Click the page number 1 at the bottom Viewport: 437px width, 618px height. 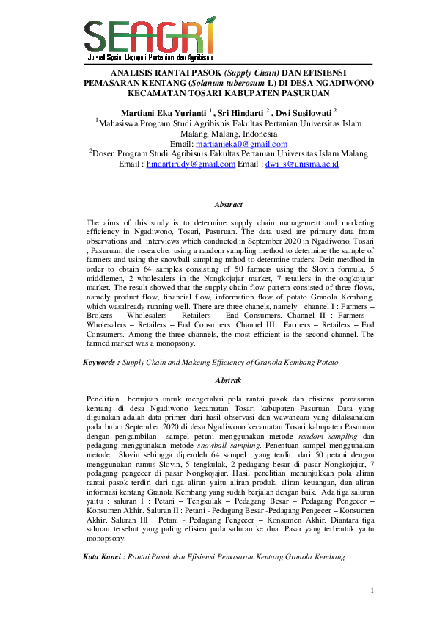pyautogui.click(x=372, y=590)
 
